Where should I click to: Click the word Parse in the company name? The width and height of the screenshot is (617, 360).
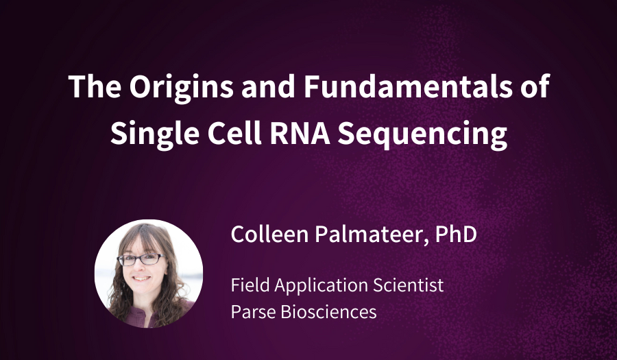pyautogui.click(x=252, y=311)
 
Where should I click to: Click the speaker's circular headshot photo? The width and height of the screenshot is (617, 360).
pyautogui.click(x=149, y=273)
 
